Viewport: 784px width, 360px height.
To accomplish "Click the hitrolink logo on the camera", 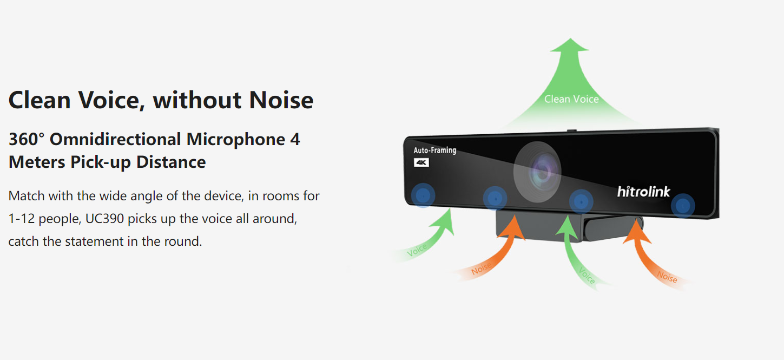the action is point(643,192).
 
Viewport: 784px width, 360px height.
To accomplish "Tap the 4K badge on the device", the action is point(421,162).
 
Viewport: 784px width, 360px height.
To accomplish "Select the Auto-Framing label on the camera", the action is point(434,150).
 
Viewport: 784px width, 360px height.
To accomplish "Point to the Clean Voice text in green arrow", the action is point(571,99).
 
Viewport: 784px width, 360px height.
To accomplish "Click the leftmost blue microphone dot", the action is point(423,195).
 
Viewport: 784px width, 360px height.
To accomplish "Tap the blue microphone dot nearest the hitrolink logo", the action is point(682,206).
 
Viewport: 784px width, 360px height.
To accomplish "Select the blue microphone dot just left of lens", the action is point(495,199).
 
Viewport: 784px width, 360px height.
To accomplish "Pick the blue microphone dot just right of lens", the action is point(581,202).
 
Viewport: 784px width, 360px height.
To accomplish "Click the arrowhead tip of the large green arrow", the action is point(570,38).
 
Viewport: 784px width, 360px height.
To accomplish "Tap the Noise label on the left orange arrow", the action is point(481,269).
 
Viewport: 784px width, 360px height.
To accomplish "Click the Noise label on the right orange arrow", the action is point(667,277).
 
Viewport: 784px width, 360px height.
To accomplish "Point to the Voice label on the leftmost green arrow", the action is point(417,250).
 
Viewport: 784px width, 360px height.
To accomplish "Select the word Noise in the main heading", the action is point(281,100).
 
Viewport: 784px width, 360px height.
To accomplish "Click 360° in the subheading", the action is point(27,139).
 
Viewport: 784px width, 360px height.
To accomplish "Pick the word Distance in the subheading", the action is point(171,162).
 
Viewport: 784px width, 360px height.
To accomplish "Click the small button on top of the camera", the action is point(571,130).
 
